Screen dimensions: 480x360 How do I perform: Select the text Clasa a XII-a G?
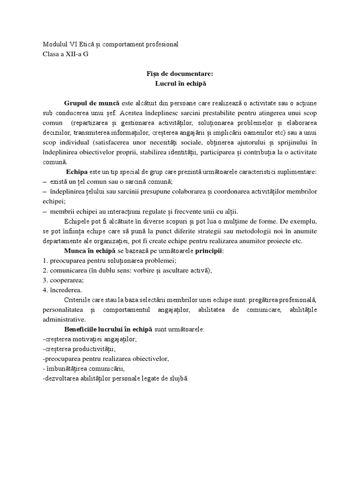65,54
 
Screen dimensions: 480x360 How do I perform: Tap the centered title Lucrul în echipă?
180,83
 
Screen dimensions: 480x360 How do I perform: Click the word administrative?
64,319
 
